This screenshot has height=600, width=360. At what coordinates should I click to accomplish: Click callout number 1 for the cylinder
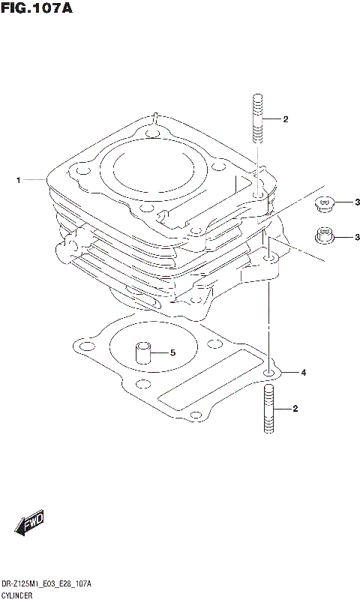[16, 180]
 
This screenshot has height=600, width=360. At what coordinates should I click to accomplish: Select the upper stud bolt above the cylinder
[258, 118]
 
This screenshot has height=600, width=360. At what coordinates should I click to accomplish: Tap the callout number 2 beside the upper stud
[286, 119]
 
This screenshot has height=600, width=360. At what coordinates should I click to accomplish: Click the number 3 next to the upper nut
[358, 202]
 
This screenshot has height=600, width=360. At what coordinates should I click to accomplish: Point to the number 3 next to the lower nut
[358, 238]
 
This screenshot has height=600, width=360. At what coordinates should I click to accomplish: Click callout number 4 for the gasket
[304, 373]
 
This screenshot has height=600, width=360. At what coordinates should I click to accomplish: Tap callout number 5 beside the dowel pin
[172, 352]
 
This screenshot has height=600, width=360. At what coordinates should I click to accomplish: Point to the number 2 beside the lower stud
[296, 409]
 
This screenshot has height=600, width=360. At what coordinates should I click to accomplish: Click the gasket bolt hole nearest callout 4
[268, 372]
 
